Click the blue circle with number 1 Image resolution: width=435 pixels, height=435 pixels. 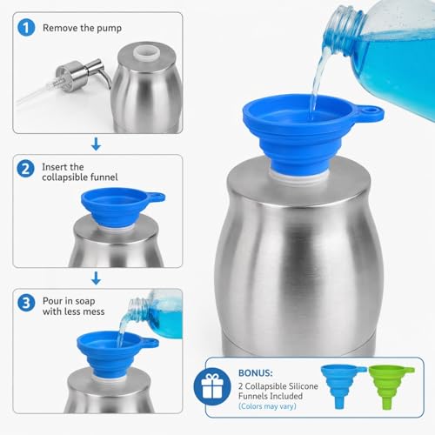click(x=26, y=28)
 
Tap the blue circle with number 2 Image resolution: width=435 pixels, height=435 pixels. click(x=25, y=169)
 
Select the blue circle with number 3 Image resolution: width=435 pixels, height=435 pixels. click(x=26, y=303)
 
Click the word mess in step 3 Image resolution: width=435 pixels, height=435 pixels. click(x=93, y=311)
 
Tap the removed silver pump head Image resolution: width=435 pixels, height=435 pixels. click(x=83, y=75)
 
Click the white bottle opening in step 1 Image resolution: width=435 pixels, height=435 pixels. click(x=146, y=51)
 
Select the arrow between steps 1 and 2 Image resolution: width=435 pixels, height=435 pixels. click(x=96, y=144)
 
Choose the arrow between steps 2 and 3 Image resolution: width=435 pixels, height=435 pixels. click(x=96, y=278)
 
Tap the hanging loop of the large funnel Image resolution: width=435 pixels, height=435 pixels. click(x=369, y=112)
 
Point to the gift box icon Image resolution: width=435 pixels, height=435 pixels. click(x=212, y=386)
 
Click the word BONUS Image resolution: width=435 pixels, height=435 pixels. click(x=256, y=373)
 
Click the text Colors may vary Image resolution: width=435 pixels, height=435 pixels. click(x=267, y=406)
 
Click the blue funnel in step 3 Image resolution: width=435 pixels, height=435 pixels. click(x=115, y=352)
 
